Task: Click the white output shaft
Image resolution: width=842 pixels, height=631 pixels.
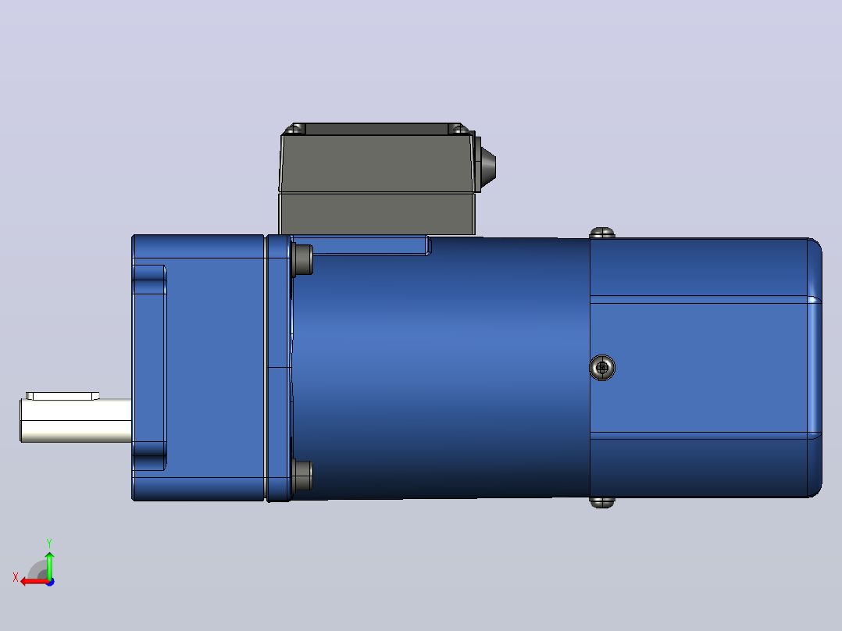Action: (x=76, y=420)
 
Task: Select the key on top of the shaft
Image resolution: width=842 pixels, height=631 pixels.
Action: (x=62, y=396)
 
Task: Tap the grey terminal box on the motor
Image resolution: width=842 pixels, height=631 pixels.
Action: (x=377, y=180)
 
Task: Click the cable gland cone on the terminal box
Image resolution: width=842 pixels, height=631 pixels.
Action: (x=487, y=167)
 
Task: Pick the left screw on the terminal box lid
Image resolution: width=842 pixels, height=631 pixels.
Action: (x=294, y=128)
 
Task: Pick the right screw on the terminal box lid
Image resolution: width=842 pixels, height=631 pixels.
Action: (x=458, y=128)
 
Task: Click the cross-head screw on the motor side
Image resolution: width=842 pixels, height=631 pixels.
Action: (x=602, y=367)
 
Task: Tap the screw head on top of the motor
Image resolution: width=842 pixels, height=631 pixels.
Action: (x=602, y=233)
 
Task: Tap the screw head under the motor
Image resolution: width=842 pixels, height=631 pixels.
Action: (x=602, y=503)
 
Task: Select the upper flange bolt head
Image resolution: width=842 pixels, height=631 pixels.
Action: (x=302, y=260)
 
